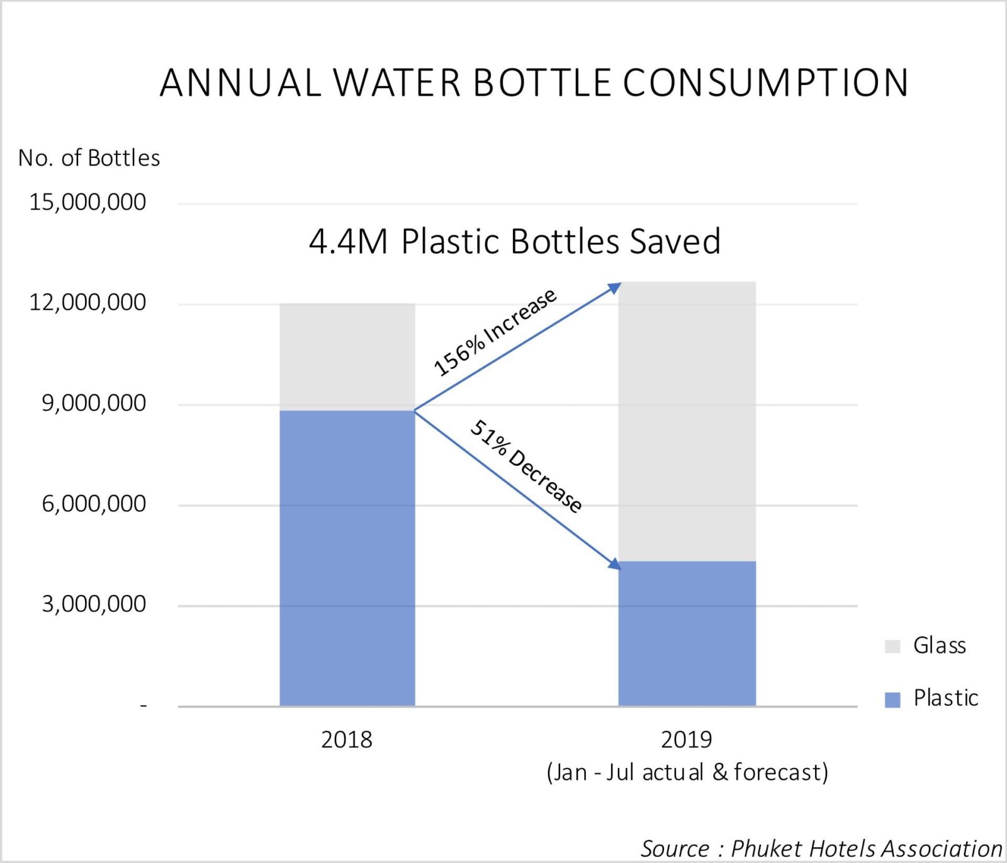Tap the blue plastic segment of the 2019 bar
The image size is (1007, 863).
687,633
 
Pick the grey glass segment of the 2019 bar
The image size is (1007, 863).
687,421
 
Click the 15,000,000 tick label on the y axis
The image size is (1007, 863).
87,202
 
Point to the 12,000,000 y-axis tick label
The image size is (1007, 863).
87,302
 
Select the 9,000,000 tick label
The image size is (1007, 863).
94,403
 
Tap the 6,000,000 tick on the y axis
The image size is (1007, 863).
94,504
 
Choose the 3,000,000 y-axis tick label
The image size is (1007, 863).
94,604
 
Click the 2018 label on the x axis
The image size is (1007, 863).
347,740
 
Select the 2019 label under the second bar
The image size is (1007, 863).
686,740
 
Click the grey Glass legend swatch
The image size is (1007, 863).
892,646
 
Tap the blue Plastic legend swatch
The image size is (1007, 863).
892,699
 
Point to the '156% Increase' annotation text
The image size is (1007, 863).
495,332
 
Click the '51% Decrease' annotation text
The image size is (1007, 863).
526,466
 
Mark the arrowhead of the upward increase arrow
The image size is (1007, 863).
616,288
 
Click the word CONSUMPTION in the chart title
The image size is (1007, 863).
766,82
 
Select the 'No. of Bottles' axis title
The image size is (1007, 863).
89,158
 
